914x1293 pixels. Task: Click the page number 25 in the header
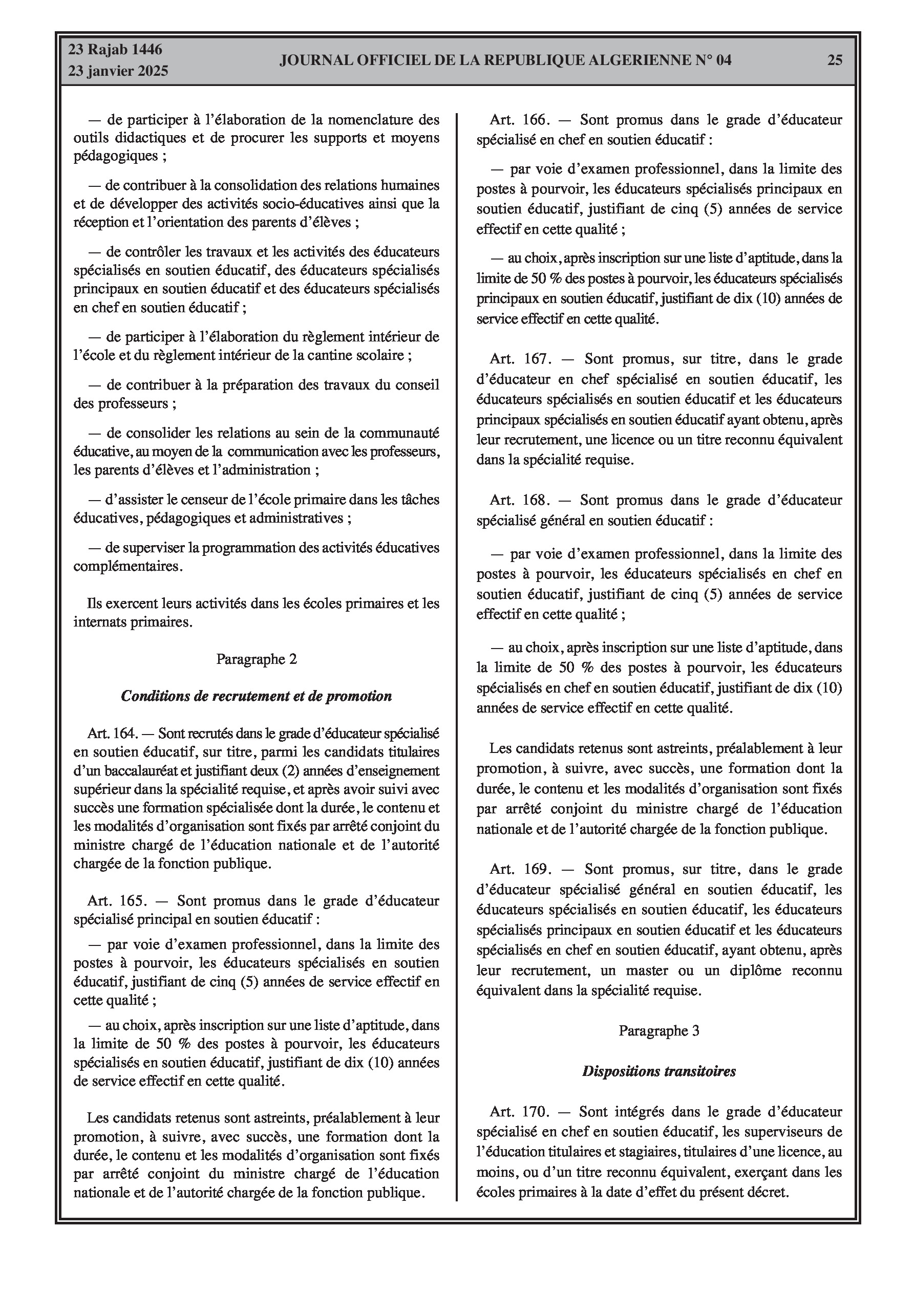click(835, 60)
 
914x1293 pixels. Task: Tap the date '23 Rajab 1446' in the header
click(115, 50)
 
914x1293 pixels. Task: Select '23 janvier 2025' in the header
click(118, 72)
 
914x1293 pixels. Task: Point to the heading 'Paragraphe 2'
click(257, 659)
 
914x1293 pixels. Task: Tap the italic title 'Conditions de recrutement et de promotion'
click(257, 696)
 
